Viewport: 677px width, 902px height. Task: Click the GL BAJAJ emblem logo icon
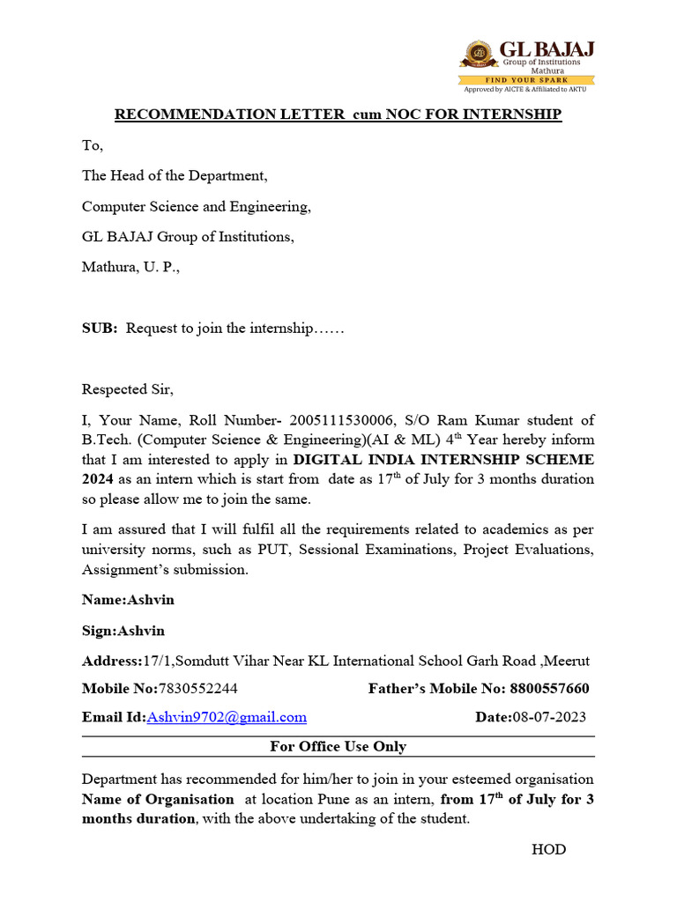[479, 55]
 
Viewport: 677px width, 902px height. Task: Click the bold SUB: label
[100, 328]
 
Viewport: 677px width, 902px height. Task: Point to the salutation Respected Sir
[128, 389]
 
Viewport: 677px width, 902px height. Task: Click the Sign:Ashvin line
[123, 631]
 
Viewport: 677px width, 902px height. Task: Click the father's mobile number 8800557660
[547, 688]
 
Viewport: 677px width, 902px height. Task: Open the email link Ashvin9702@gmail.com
[227, 717]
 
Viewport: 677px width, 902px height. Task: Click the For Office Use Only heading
[338, 746]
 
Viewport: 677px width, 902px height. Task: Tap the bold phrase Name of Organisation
[158, 799]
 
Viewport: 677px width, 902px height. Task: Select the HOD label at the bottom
[548, 849]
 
